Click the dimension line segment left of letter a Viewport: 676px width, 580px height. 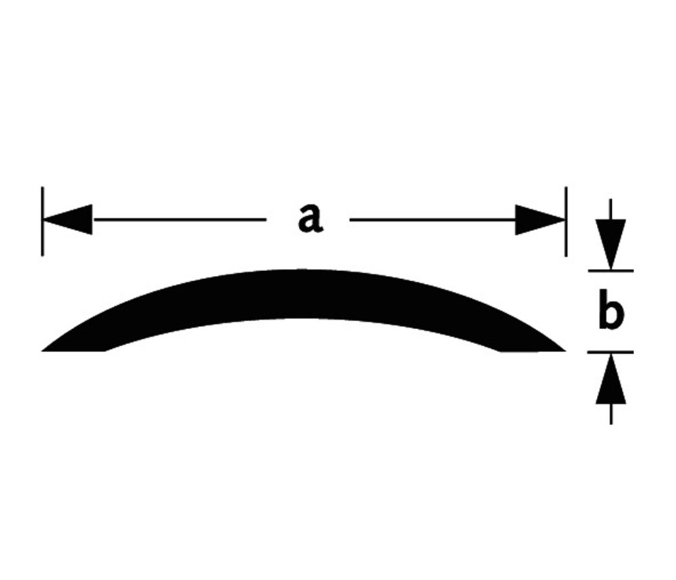pos(179,220)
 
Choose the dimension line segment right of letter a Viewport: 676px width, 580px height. pos(433,220)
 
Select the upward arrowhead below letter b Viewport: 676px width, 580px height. pos(611,379)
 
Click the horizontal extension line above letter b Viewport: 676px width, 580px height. pos(610,270)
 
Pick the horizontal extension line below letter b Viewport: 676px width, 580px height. pos(610,352)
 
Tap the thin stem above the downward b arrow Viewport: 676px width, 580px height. pos(611,210)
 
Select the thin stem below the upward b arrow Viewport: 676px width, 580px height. pos(611,414)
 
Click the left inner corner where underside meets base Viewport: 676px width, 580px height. pos(105,350)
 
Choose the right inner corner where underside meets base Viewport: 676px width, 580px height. pos(502,350)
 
